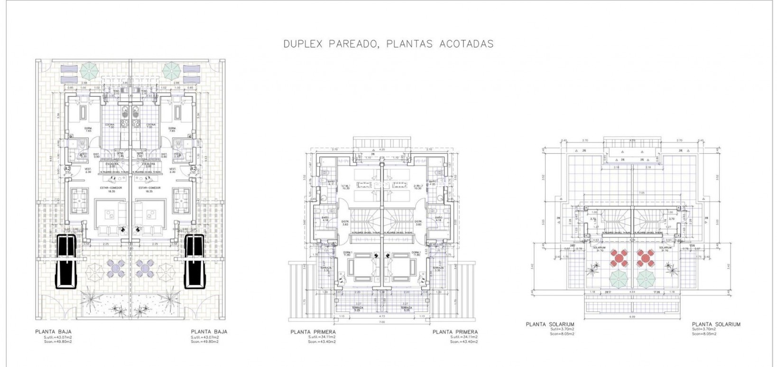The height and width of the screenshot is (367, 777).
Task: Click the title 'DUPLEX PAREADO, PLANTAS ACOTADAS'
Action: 388,44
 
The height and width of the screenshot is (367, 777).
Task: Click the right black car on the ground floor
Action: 194,261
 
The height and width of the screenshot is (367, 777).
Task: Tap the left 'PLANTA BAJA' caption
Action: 53,332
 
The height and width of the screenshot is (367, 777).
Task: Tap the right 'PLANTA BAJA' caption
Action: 209,332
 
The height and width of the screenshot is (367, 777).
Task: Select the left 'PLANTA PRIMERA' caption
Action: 313,332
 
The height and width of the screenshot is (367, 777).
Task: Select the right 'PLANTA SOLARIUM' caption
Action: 716,324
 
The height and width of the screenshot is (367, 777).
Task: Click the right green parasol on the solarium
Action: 645,277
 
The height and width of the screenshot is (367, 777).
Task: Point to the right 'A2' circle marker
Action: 193,169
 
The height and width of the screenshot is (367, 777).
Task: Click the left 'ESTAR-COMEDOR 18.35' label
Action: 111,189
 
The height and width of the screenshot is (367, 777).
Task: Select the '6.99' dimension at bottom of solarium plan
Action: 632,316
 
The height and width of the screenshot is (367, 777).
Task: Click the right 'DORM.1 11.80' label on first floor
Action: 416,254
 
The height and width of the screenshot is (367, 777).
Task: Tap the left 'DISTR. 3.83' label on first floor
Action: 345,223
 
